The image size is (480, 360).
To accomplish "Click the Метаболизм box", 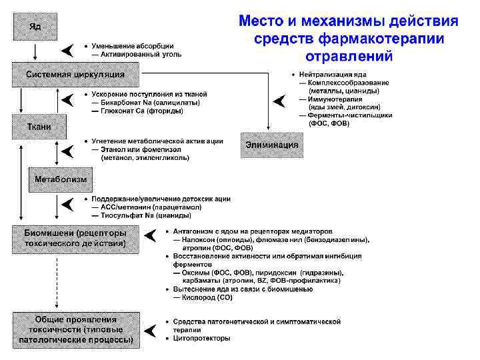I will click(x=61, y=179).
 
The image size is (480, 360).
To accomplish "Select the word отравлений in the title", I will click(x=349, y=55).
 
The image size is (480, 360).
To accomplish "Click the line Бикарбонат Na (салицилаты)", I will click(x=144, y=103).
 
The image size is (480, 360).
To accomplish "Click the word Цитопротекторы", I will click(x=202, y=338).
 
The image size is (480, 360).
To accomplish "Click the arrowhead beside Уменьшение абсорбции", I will click(x=68, y=49).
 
